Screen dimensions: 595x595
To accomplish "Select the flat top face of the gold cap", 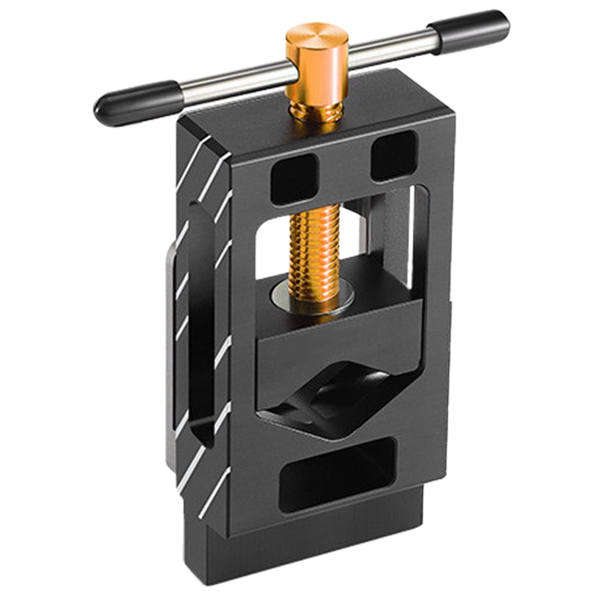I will click(x=317, y=35).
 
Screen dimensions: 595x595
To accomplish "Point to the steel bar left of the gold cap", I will click(x=232, y=82).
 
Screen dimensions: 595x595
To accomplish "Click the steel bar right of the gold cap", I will click(x=389, y=49).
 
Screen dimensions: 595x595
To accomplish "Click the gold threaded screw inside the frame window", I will click(x=314, y=244).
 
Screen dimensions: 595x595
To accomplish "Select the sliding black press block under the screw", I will click(x=337, y=349).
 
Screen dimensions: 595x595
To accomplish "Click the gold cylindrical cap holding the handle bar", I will click(x=317, y=64).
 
